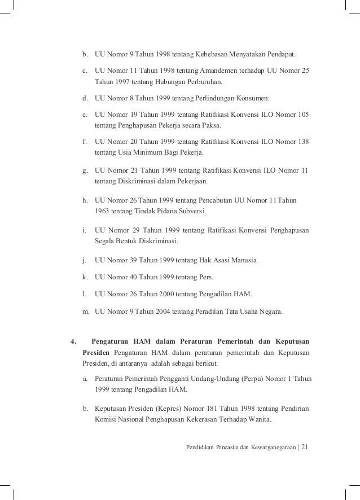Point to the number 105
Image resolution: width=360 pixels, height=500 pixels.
(x=303, y=114)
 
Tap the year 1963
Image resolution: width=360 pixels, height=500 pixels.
(x=104, y=212)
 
